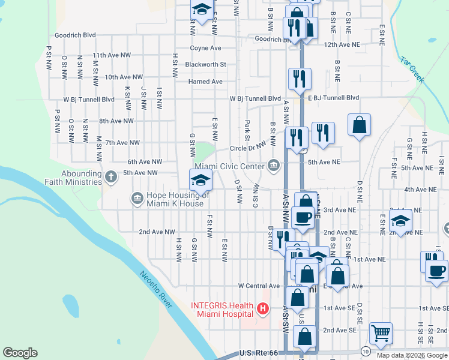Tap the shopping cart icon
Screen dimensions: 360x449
pos(381,332)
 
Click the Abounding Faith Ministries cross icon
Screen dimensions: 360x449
pos(110,176)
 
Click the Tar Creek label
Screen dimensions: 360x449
pos(412,70)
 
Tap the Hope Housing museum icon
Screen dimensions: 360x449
pos(136,197)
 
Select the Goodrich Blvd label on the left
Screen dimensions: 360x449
pos(75,35)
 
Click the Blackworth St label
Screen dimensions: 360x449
pos(205,64)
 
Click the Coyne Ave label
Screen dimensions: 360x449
pos(205,48)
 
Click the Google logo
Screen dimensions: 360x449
pos(20,353)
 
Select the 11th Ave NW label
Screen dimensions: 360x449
pos(112,55)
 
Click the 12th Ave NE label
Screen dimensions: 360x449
pos(341,45)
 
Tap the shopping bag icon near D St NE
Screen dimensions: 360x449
pos(359,125)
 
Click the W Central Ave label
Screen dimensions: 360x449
pos(259,286)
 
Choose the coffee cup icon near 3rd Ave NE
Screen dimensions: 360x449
pos(304,218)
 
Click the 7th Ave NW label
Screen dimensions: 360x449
pos(122,143)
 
